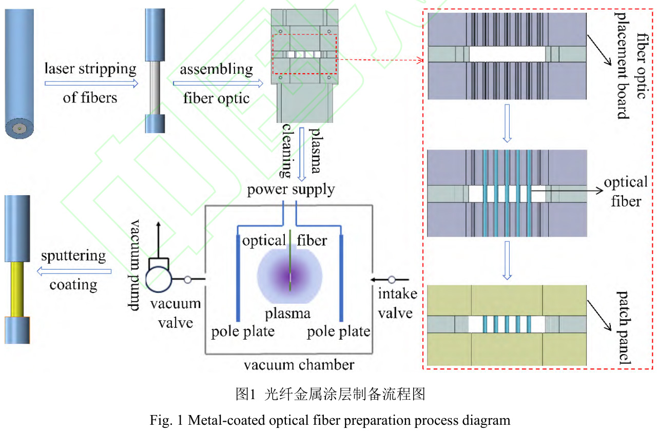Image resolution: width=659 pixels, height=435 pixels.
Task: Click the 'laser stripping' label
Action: click(90, 69)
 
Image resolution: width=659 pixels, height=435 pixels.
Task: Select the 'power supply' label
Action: click(291, 190)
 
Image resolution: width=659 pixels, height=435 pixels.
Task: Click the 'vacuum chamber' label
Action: click(299, 365)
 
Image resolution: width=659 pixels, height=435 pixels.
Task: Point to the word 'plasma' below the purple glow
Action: click(287, 313)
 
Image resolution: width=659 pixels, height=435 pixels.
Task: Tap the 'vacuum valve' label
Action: click(176, 313)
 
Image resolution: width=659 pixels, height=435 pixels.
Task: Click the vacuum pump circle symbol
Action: click(159, 280)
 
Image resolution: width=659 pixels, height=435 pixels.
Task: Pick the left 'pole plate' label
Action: click(243, 332)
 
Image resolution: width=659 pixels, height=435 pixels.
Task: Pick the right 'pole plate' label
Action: click(339, 332)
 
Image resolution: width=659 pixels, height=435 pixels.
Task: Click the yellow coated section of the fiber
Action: click(17, 289)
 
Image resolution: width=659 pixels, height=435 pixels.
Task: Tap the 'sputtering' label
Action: click(73, 255)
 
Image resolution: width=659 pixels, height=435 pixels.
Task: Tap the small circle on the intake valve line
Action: click(392, 280)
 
